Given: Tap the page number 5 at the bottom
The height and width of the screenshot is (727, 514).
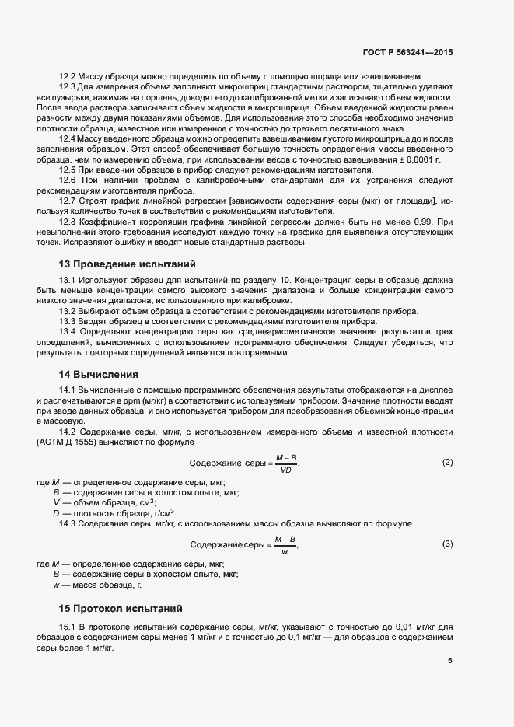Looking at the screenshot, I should point(450,661).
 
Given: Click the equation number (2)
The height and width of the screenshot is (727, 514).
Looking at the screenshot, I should point(447,463).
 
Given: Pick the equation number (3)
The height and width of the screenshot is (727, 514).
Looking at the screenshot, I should point(447,544).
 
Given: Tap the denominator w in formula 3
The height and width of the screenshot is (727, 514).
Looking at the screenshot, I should point(285,551).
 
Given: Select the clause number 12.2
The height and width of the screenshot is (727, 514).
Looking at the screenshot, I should point(67,76).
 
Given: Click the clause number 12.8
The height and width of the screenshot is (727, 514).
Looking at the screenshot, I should point(67,221).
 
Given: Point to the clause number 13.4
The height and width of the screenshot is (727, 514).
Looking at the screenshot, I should point(67,332).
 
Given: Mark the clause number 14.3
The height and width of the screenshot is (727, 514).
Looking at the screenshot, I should point(67,523).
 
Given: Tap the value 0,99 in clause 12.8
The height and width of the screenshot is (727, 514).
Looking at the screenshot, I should point(433,221).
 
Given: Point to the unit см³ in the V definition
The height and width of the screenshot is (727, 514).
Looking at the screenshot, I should point(144,502).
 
